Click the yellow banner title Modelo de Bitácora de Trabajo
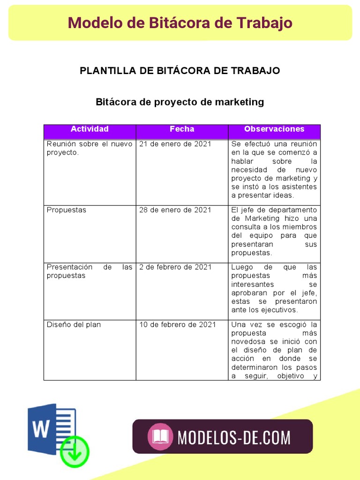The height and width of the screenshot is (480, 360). click(180, 23)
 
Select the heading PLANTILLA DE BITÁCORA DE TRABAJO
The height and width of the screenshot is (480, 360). click(180, 71)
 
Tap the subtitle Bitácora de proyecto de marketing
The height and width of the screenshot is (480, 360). click(180, 102)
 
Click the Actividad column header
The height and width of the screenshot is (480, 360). click(90, 129)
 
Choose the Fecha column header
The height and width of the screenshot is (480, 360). click(182, 129)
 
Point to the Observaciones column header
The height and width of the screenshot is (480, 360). click(274, 129)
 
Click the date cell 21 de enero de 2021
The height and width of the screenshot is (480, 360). click(175, 144)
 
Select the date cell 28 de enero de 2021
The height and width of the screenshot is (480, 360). click(175, 210)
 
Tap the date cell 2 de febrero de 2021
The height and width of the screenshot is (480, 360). click(175, 267)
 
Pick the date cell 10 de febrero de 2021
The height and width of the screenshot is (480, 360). click(178, 324)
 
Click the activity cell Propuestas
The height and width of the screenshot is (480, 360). click(67, 210)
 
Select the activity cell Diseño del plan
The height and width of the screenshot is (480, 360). click(74, 324)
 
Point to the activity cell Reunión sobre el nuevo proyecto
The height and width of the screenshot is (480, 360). click(90, 148)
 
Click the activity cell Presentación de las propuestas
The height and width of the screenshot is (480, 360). click(90, 271)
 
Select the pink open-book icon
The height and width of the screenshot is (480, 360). click(160, 436)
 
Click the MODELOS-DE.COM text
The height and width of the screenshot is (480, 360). click(234, 437)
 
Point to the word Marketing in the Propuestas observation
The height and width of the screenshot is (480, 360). click(262, 218)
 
